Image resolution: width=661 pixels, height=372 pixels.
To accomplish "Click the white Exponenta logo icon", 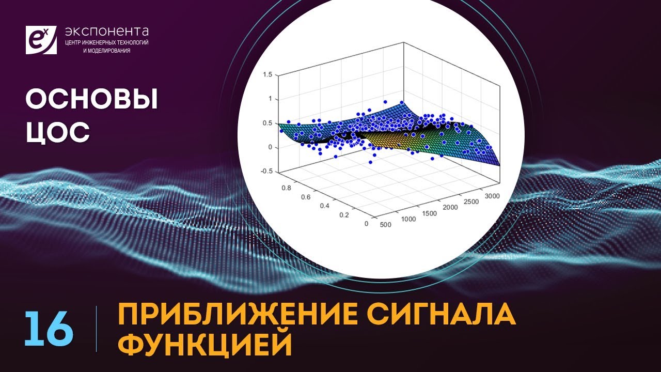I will (x=41, y=39).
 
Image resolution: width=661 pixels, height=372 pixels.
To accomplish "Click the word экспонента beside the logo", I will (x=106, y=32).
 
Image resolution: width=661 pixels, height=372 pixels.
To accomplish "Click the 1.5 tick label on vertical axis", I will (x=267, y=75).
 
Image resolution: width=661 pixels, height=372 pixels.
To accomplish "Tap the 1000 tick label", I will (x=408, y=219).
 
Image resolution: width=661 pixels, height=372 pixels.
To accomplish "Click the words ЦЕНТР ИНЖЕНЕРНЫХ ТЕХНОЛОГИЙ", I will (x=106, y=42).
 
